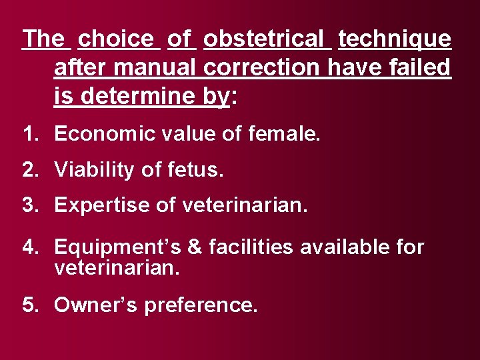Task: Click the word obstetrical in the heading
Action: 267,39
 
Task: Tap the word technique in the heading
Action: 395,39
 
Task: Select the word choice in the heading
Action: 119,39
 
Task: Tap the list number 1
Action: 29,135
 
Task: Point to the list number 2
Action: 29,170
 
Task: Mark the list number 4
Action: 29,247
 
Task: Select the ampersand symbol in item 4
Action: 195,247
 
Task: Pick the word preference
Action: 199,305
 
